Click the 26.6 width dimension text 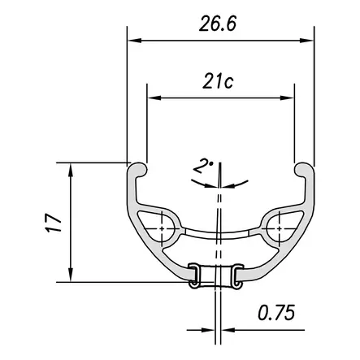[218, 24]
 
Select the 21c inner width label [218, 81]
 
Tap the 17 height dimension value [53, 223]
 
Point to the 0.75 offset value [276, 313]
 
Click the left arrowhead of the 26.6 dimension [135, 41]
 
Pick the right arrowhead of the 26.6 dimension [306, 41]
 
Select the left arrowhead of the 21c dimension [154, 98]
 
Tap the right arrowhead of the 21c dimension [287, 98]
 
